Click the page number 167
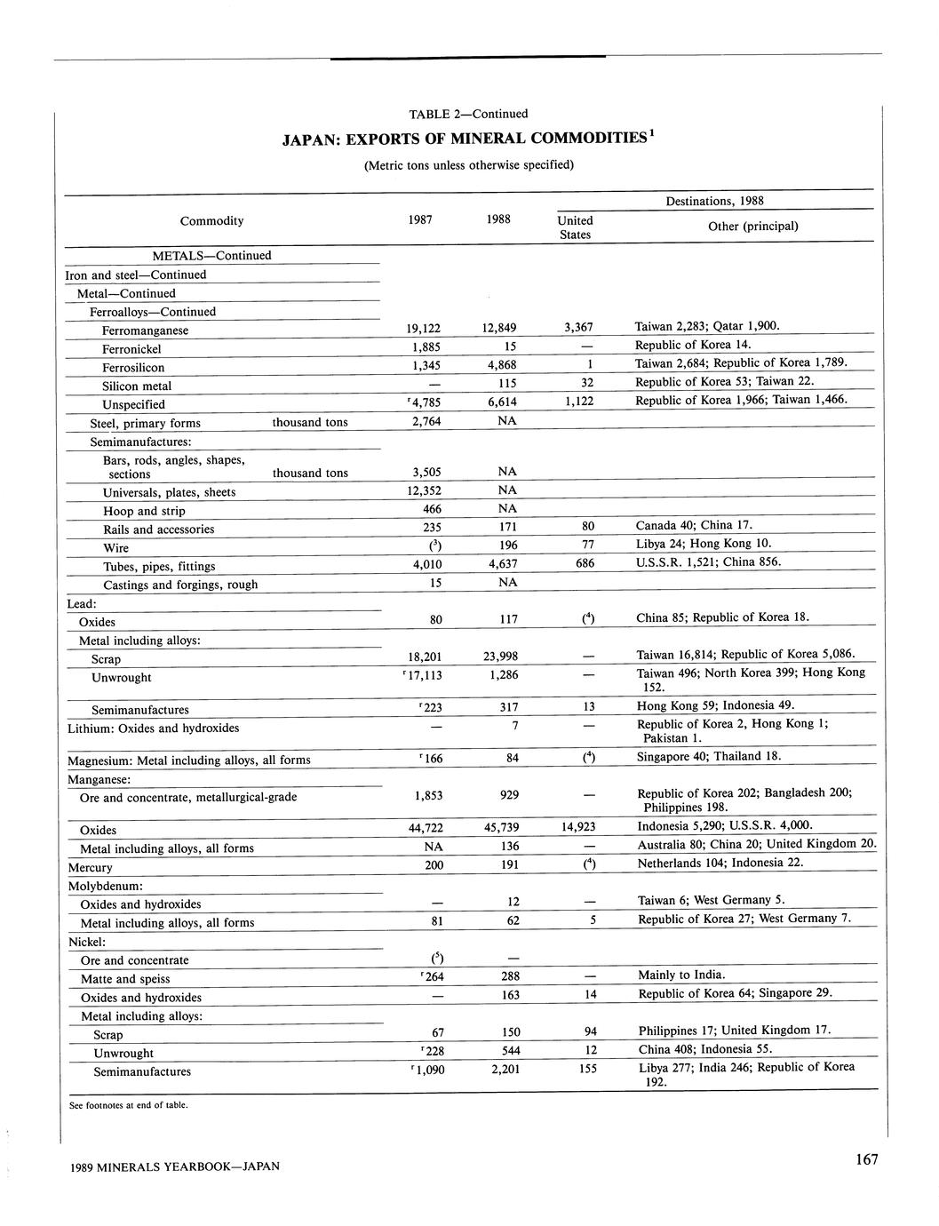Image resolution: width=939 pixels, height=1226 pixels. [867, 1159]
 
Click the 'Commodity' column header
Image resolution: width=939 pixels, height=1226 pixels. [211, 221]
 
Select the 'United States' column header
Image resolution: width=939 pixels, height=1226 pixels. [575, 227]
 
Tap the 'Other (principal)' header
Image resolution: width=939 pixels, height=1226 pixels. [752, 227]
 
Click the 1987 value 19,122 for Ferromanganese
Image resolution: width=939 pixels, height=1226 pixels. [423, 328]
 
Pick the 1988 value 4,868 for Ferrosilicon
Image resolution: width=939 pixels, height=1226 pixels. [498, 365]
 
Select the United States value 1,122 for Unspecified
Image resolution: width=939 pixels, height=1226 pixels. [578, 402]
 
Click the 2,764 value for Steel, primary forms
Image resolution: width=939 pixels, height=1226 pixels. [424, 421]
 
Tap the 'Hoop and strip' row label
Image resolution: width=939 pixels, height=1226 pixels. [144, 511]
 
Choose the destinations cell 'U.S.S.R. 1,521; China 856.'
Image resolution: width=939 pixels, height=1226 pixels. [708, 561]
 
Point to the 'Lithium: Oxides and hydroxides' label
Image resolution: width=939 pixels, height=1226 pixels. [154, 728]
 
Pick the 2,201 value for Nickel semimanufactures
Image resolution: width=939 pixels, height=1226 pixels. [498, 1070]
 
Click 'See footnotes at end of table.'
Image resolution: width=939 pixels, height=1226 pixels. [128, 1105]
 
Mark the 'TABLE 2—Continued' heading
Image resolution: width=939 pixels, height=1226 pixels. [468, 114]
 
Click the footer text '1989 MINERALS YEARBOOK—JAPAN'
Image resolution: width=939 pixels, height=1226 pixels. [174, 1166]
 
